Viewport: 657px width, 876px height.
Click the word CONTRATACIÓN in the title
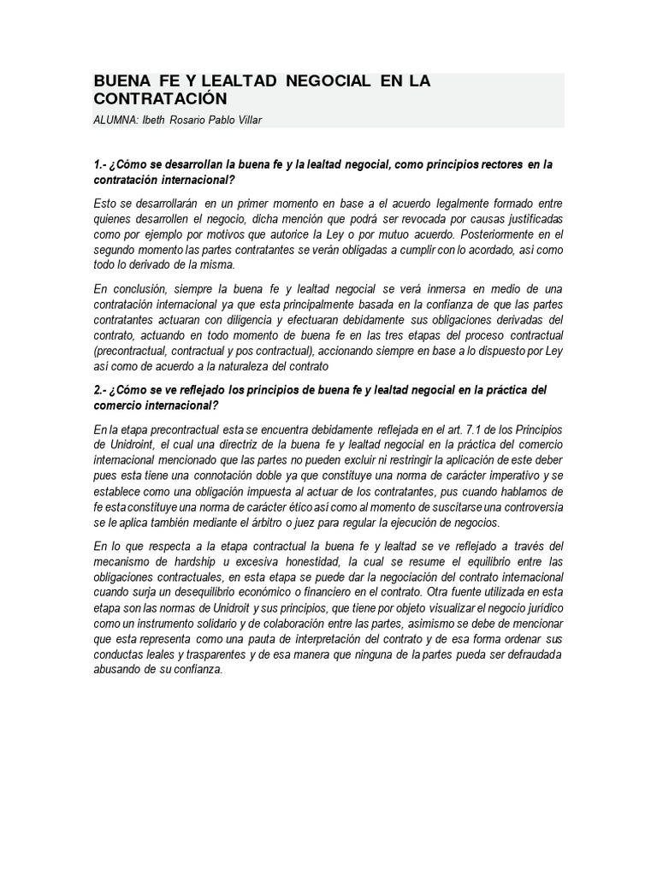(160, 99)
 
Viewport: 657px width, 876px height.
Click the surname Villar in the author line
(246, 120)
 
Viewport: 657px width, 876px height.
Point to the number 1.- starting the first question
(100, 164)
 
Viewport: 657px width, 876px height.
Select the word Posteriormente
(499, 234)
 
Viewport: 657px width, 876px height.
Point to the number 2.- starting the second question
(100, 389)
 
